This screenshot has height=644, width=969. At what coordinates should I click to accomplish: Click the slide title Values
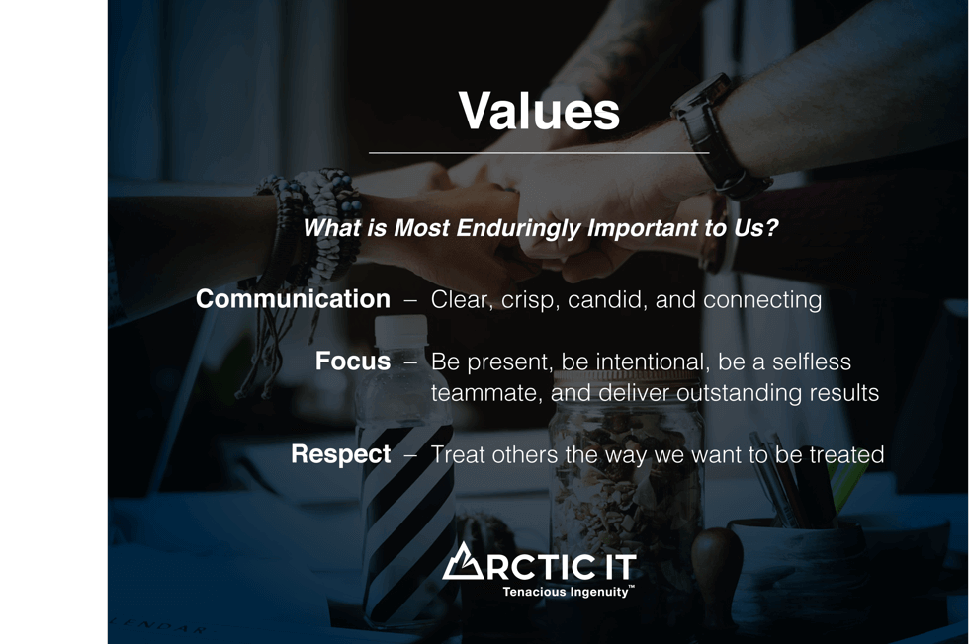coord(539,112)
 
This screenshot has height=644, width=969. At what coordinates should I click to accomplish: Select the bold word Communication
coord(293,299)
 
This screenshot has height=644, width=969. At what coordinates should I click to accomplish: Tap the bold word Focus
coord(353,362)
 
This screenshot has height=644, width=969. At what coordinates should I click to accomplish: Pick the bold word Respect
coord(340,455)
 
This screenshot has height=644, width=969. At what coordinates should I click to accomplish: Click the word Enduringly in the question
coord(518,228)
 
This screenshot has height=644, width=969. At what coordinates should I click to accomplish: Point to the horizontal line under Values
coord(539,152)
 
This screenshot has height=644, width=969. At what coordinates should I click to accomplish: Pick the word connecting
coord(762,300)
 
